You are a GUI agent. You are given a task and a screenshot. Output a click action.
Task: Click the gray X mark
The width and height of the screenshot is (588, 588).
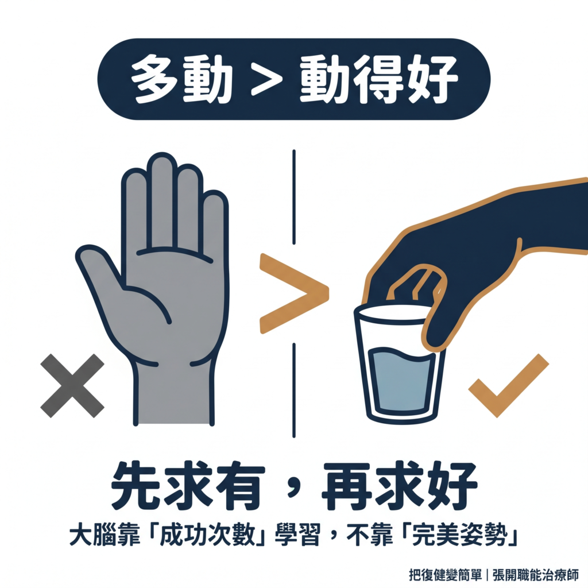click(x=72, y=385)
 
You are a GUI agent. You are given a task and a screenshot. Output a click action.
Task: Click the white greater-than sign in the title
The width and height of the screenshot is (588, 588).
click(x=266, y=79)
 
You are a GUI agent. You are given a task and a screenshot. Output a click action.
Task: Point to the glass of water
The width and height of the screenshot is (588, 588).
click(x=399, y=367)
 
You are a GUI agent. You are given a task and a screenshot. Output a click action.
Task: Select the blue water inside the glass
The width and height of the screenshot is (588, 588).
click(x=400, y=382)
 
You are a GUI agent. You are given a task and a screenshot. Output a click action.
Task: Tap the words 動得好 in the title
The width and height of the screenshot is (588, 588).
click(x=379, y=79)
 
